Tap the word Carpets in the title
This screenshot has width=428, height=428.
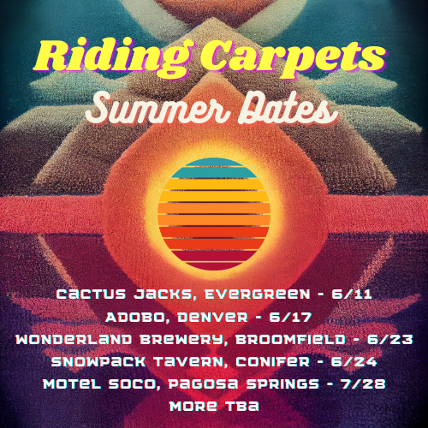[293, 58]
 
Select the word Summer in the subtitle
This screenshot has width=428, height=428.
[158, 109]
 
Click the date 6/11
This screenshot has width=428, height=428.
[352, 294]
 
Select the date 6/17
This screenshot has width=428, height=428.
[290, 317]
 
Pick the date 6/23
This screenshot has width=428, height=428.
[389, 340]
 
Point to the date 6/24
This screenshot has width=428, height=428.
[354, 362]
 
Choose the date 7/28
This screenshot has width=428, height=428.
[363, 384]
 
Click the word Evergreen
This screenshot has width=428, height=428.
[258, 294]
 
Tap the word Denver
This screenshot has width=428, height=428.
[212, 317]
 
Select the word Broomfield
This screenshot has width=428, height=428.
[290, 340]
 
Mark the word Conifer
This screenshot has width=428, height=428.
[273, 362]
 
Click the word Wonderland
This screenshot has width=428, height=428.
[74, 340]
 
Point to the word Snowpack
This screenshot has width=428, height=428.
[98, 362]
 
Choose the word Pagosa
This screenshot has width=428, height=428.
[203, 384]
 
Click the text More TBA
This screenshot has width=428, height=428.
[214, 406]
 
